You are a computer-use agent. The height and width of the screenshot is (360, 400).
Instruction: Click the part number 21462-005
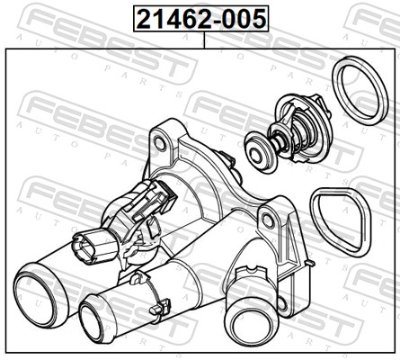(201, 19)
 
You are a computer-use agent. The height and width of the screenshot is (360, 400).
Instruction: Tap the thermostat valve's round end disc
(257, 153)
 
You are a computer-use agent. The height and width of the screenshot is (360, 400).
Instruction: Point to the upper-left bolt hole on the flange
(160, 144)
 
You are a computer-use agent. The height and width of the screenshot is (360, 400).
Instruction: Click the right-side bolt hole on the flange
(267, 220)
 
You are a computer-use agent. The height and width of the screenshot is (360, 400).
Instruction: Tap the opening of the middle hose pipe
(95, 322)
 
